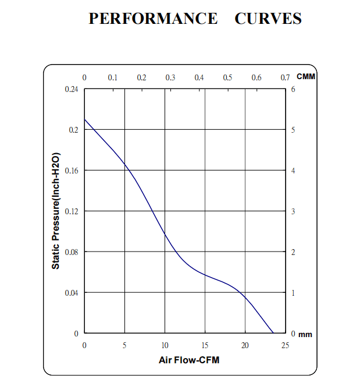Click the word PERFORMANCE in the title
pos(152,19)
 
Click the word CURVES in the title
pos(268,19)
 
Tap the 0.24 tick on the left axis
pos(72,89)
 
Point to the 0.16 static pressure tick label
pos(72,171)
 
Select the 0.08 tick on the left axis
pos(72,252)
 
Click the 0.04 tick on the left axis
pos(72,293)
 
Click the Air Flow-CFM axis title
pos(189,360)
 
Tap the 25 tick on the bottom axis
pos(285,345)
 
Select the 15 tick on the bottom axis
pos(205,345)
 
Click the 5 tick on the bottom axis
pos(124,345)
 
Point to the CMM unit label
pos(305,77)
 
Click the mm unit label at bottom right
pos(305,335)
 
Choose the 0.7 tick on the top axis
pos(285,77)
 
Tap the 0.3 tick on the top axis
pos(170,77)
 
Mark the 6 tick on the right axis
pos(293,89)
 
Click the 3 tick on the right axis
pos(293,211)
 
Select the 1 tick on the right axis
pos(293,293)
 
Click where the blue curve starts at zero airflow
pos(85,119)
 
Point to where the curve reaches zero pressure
pos(273,334)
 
